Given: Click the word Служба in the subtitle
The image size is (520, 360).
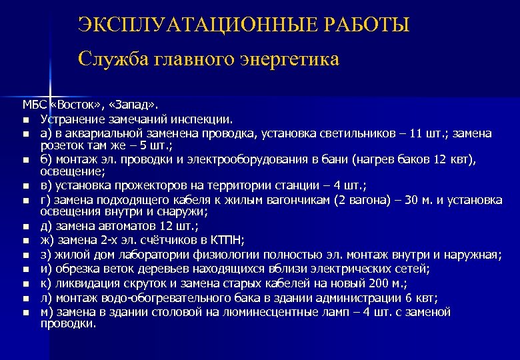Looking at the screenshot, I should click(x=113, y=59).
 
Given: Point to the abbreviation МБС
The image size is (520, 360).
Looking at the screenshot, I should click(x=34, y=105).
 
